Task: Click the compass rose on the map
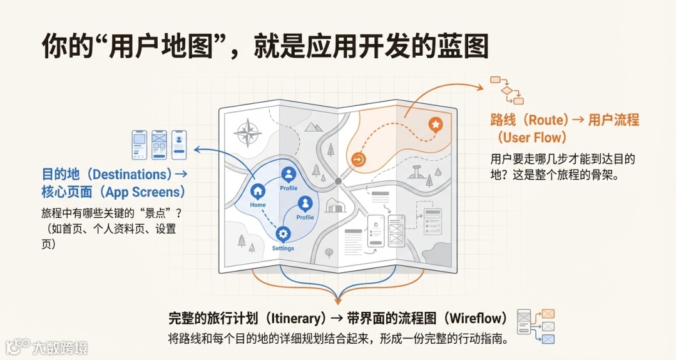point(248,133)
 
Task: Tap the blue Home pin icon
point(257,192)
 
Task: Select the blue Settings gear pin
point(283,234)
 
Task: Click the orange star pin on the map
point(435,125)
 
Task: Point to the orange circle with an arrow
point(359,160)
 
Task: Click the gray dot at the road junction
point(338,181)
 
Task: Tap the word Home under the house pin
point(257,205)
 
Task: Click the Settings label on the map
point(283,248)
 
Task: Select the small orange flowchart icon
point(506,90)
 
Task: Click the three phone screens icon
point(159,144)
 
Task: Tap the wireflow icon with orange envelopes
point(536,326)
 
